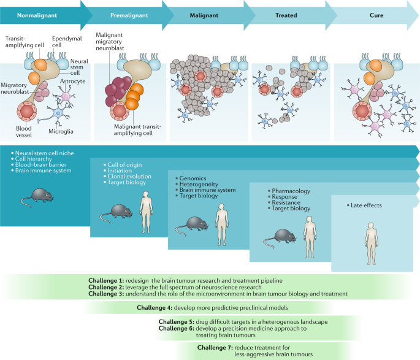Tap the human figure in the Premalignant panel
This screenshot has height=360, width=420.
click(145, 209)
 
